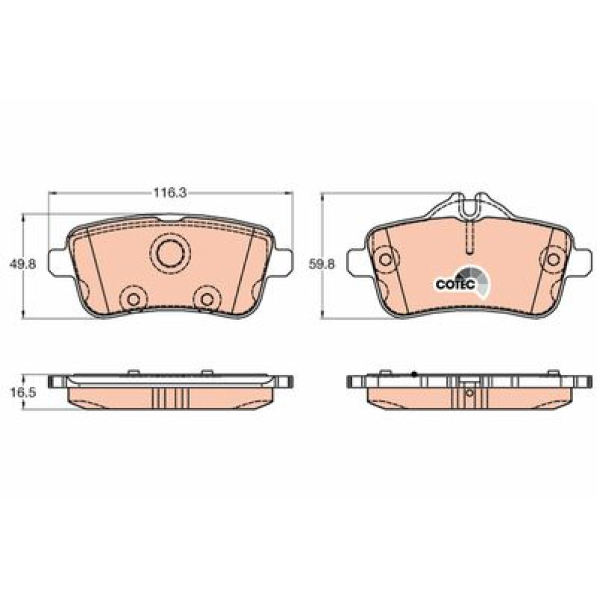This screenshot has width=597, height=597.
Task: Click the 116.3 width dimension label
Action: pos(170,193)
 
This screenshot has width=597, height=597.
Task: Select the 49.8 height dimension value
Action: pos(23,263)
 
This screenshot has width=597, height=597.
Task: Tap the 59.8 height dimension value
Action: pos(322,263)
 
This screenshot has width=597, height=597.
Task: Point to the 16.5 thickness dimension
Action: pos(23,393)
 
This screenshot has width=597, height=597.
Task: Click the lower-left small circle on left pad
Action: pos(133,300)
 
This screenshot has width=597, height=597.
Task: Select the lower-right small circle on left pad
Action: pos(207,300)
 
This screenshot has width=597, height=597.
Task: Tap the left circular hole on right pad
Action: pos(386,259)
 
